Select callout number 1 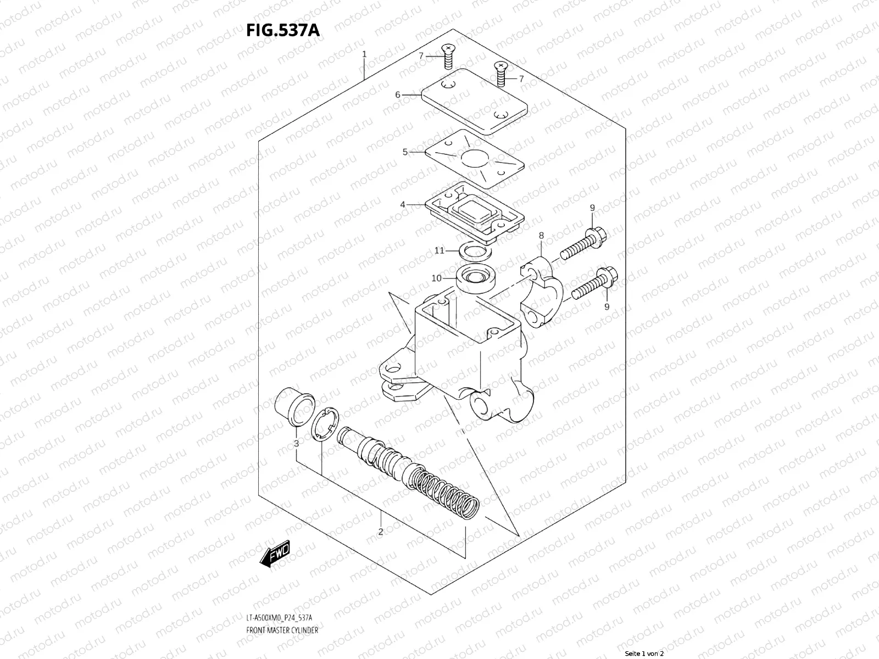[x=364, y=54]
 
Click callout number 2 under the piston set [x=380, y=531]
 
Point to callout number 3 [x=296, y=443]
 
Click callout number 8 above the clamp [x=541, y=236]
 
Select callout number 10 [x=436, y=278]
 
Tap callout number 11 [x=439, y=250]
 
